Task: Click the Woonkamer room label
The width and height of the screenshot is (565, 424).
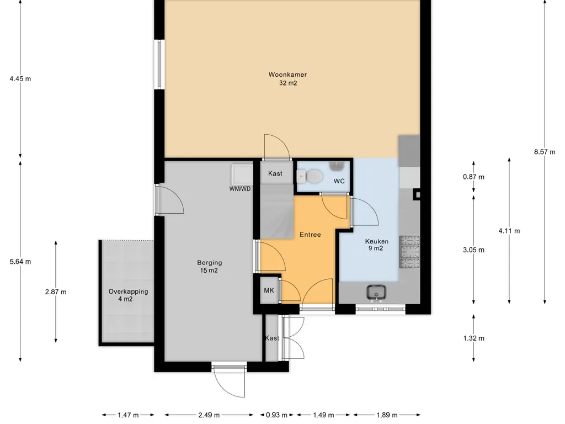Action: click(287, 75)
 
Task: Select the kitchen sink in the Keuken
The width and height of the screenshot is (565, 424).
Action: click(376, 293)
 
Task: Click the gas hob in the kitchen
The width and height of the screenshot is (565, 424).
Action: click(410, 252)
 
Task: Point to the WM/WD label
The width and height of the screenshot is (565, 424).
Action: click(240, 189)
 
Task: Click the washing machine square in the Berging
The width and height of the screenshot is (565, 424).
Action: click(242, 174)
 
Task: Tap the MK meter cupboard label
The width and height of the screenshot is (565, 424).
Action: click(269, 290)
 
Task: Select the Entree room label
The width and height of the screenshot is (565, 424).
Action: click(310, 235)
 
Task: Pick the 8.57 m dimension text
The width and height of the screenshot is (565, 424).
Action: click(545, 152)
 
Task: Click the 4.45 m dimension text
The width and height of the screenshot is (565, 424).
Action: click(20, 78)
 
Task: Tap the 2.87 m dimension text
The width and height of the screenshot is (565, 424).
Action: click(56, 292)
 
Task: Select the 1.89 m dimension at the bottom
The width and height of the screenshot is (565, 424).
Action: click(387, 415)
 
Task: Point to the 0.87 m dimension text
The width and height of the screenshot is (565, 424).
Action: click(473, 177)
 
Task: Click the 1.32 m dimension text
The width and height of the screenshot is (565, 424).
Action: click(473, 338)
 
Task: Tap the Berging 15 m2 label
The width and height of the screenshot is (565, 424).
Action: click(209, 267)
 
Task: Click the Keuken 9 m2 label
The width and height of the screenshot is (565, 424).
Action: click(376, 245)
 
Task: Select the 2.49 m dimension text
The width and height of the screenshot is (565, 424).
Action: click(209, 415)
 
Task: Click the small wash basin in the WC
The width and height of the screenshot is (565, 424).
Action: click(337, 166)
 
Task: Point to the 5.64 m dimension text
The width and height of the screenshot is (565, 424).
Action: click(20, 262)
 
